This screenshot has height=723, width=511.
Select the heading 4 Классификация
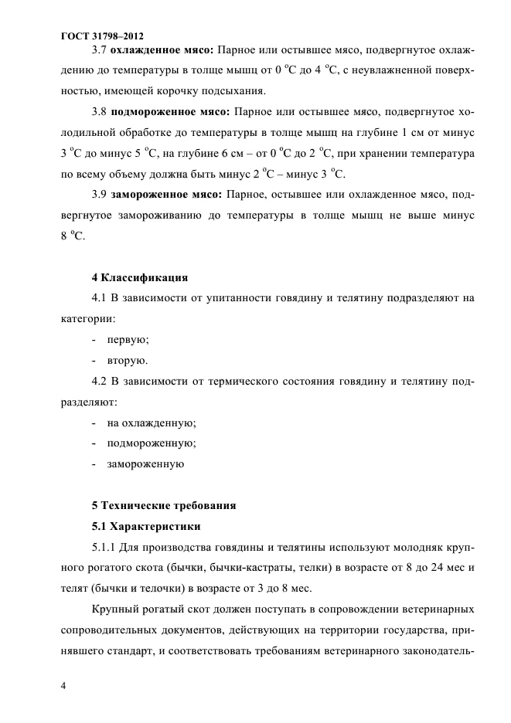tap(140, 277)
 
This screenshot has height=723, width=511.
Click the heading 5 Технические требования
tap(164, 505)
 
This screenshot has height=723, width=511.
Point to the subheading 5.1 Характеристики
tap(146, 527)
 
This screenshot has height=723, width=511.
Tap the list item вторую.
tap(128, 360)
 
